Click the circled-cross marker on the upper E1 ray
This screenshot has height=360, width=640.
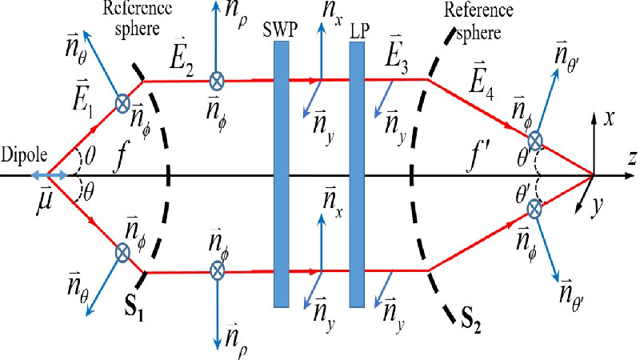click(x=123, y=102)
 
